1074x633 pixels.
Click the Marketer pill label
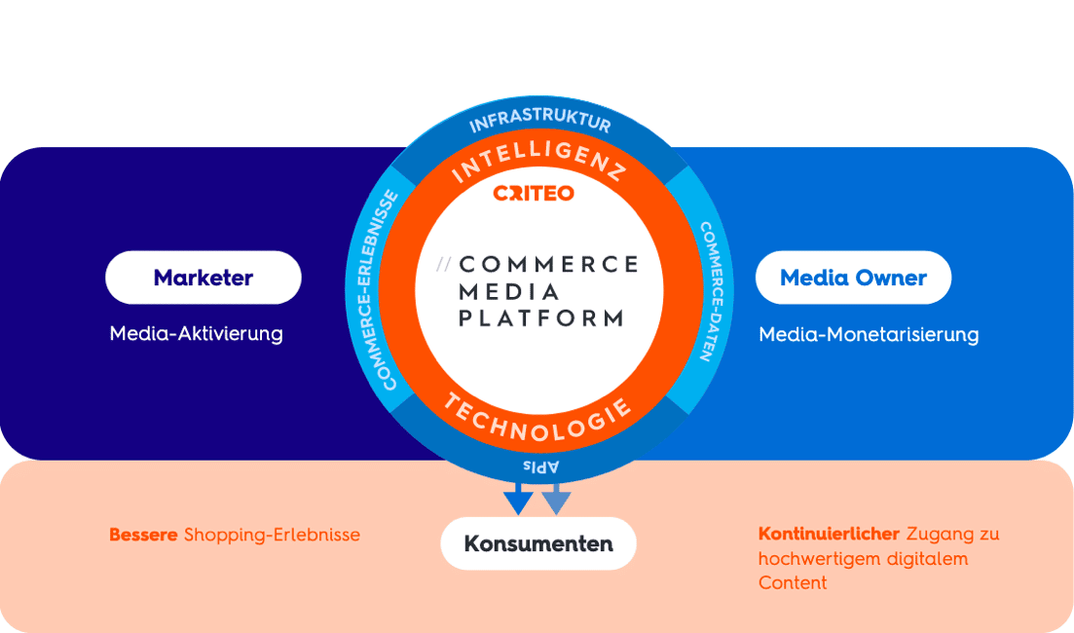(203, 278)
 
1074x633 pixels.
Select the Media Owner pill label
(853, 278)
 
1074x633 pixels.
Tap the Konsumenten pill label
(538, 543)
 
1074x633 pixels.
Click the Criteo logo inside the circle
(534, 194)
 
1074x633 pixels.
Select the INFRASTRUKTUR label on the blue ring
(539, 121)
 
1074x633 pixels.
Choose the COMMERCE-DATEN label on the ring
(710, 291)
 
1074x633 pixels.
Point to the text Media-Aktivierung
(196, 334)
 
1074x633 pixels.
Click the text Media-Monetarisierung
(868, 335)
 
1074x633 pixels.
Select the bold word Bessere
(143, 535)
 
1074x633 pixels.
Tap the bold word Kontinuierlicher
(829, 535)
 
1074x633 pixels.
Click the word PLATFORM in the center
(540, 317)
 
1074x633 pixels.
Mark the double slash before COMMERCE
(445, 264)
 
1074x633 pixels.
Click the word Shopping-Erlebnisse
(272, 535)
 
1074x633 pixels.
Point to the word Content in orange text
(792, 583)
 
